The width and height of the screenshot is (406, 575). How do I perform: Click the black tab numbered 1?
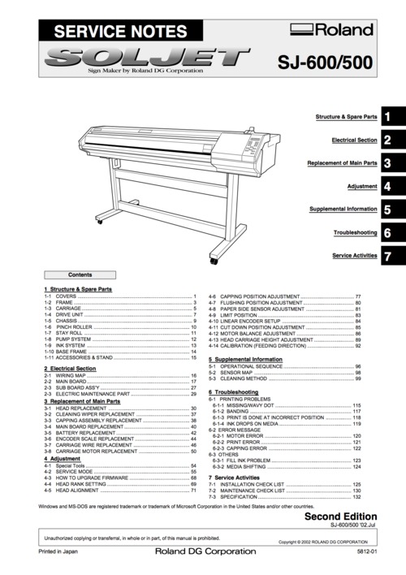pyautogui.click(x=388, y=118)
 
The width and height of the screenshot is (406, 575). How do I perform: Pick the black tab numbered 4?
pyautogui.click(x=388, y=187)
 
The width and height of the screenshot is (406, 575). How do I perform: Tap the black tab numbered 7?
pyautogui.click(x=388, y=256)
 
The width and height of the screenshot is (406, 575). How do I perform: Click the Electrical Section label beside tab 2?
pyautogui.click(x=354, y=141)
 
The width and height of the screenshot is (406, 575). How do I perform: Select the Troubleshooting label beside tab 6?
pyautogui.click(x=355, y=233)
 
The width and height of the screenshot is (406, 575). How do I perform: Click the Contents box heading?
pyautogui.click(x=80, y=275)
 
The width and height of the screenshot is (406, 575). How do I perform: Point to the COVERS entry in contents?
pyautogui.click(x=66, y=296)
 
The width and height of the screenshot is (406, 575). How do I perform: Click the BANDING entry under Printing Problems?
pyautogui.click(x=236, y=411)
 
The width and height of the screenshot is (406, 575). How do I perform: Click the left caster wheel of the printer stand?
pyautogui.click(x=100, y=221)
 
